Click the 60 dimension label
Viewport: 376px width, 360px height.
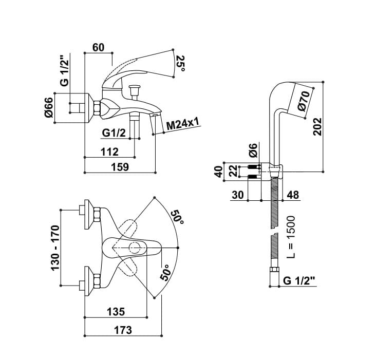(x=98, y=48)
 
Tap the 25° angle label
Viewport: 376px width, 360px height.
(x=180, y=63)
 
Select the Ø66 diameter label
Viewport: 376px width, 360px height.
(x=50, y=108)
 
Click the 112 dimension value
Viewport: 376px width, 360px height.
(x=109, y=151)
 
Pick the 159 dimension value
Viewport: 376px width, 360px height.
(x=119, y=167)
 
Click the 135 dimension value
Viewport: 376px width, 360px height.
(x=116, y=312)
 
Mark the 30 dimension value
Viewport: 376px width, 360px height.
(x=238, y=195)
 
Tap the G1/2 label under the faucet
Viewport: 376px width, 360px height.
(x=114, y=132)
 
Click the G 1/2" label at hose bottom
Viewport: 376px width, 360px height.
(x=299, y=281)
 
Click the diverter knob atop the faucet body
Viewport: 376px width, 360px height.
(x=136, y=88)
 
